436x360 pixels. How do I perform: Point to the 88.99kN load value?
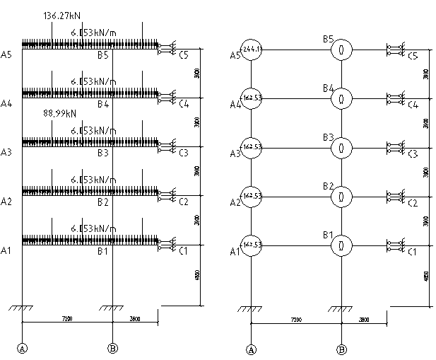[59, 113]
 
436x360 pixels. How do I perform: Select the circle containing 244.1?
[252, 50]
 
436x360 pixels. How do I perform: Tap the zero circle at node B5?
[341, 50]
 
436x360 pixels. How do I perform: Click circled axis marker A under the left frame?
[23, 348]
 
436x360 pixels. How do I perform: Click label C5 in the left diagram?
[184, 54]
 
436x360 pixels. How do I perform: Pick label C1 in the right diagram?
[413, 252]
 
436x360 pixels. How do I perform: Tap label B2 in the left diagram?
[103, 202]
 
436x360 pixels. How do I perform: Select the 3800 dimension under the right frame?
[364, 320]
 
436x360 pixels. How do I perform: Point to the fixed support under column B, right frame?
[341, 309]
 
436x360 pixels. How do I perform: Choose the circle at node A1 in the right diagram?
[252, 245]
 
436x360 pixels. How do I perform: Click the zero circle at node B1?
[341, 245]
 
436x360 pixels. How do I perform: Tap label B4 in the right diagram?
[329, 88]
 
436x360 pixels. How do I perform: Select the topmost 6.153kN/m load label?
[94, 33]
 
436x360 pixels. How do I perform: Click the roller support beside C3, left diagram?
[167, 147]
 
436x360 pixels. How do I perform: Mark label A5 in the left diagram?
[7, 54]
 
